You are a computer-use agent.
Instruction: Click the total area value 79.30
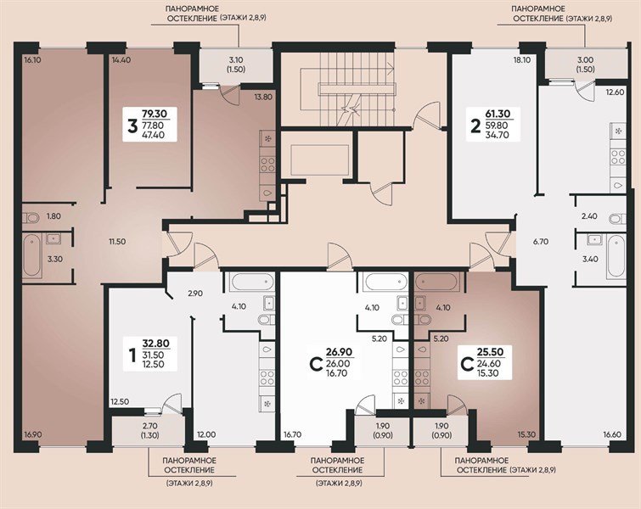click(x=155, y=112)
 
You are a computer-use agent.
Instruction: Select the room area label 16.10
click(x=33, y=60)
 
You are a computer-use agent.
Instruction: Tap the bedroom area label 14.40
click(x=121, y=60)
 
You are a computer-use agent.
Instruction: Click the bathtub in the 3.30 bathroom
click(x=31, y=254)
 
